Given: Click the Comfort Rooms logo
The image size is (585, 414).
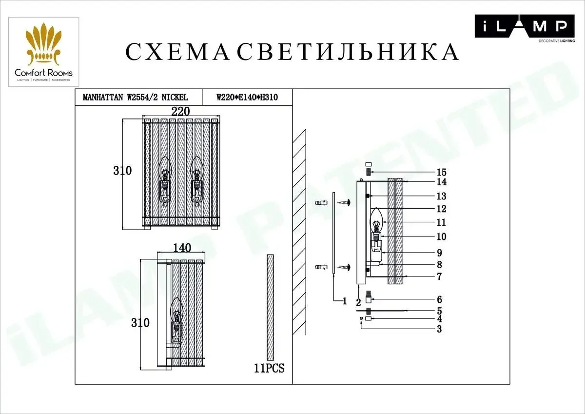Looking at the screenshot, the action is tap(43, 52).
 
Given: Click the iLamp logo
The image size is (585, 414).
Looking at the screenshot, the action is tap(525, 28).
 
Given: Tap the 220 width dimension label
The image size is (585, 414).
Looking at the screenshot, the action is tap(180, 112).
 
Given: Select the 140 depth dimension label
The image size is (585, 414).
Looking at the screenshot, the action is tap(182, 248).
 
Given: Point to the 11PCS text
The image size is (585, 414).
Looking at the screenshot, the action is tap(269, 368).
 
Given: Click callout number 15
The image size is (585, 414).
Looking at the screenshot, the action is tap(442, 173).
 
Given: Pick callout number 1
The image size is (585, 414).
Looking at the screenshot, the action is tap(345, 301).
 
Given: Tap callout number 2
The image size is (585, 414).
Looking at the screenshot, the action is tap(358, 302).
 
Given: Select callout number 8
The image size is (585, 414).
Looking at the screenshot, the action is tap(440, 265).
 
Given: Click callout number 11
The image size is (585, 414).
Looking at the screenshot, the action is tap(441, 222).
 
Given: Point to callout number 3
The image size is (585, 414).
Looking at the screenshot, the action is tap(440, 329).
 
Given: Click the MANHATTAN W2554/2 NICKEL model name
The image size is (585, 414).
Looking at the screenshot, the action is tap(136, 98).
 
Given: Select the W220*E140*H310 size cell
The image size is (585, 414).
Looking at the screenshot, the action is tap(247, 98).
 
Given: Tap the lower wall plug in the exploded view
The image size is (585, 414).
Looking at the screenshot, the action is tap(321, 267).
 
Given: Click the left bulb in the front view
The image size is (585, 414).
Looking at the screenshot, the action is tap(166, 181).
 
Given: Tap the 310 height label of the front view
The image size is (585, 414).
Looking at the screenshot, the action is tap(122, 171).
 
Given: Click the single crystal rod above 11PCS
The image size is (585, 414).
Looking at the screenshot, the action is tap(270, 307).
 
